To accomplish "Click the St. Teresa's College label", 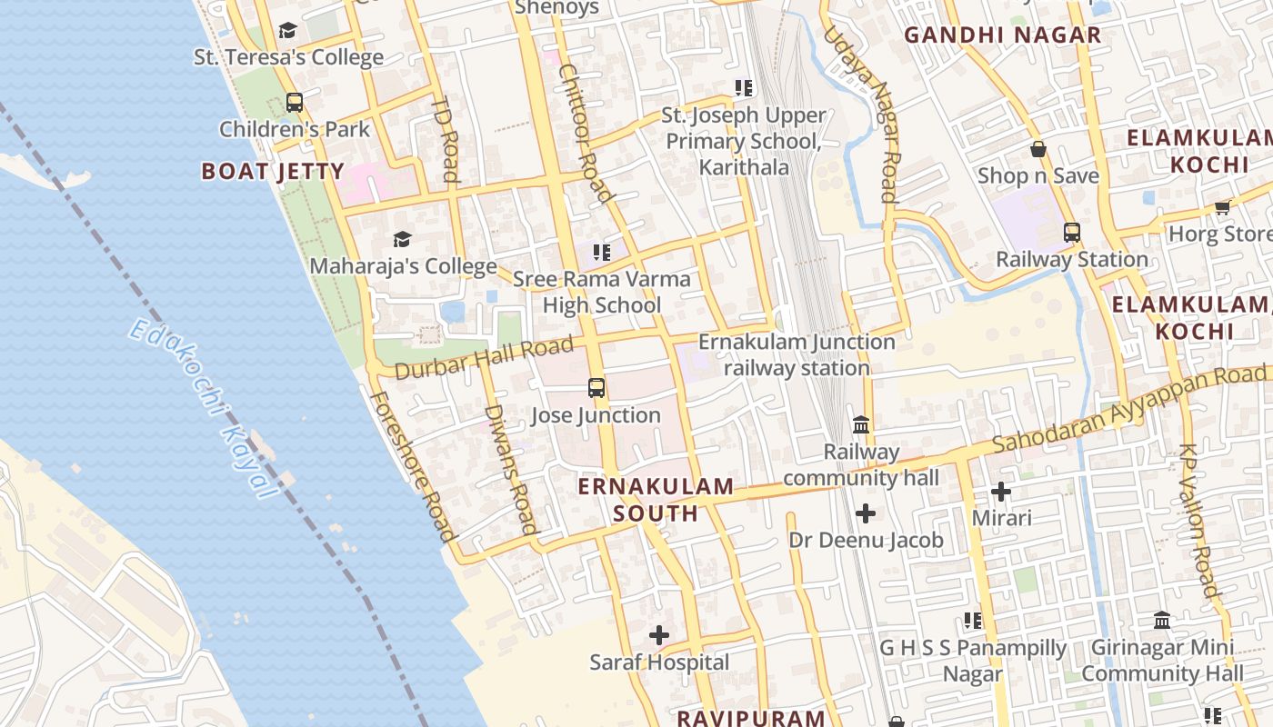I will click(288, 57).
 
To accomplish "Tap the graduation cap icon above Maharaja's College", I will click(402, 240).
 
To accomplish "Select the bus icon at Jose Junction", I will click(596, 389).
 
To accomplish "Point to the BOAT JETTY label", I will click(273, 171).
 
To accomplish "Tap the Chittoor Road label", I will click(584, 133).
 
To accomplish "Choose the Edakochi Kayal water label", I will click(203, 408).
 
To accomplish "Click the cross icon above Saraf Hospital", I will click(659, 635).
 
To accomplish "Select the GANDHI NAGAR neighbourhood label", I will click(1003, 35).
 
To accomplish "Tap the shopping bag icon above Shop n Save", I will click(1037, 149).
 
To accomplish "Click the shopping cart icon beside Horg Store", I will click(1222, 207).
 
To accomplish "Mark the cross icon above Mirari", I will click(1001, 493).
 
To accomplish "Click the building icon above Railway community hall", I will click(861, 424).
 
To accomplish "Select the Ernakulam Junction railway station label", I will click(797, 354).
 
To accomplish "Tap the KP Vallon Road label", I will click(1198, 520).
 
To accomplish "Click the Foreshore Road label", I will click(412, 466).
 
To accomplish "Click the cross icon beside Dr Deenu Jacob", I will click(866, 514).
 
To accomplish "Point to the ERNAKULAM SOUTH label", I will click(656, 500).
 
